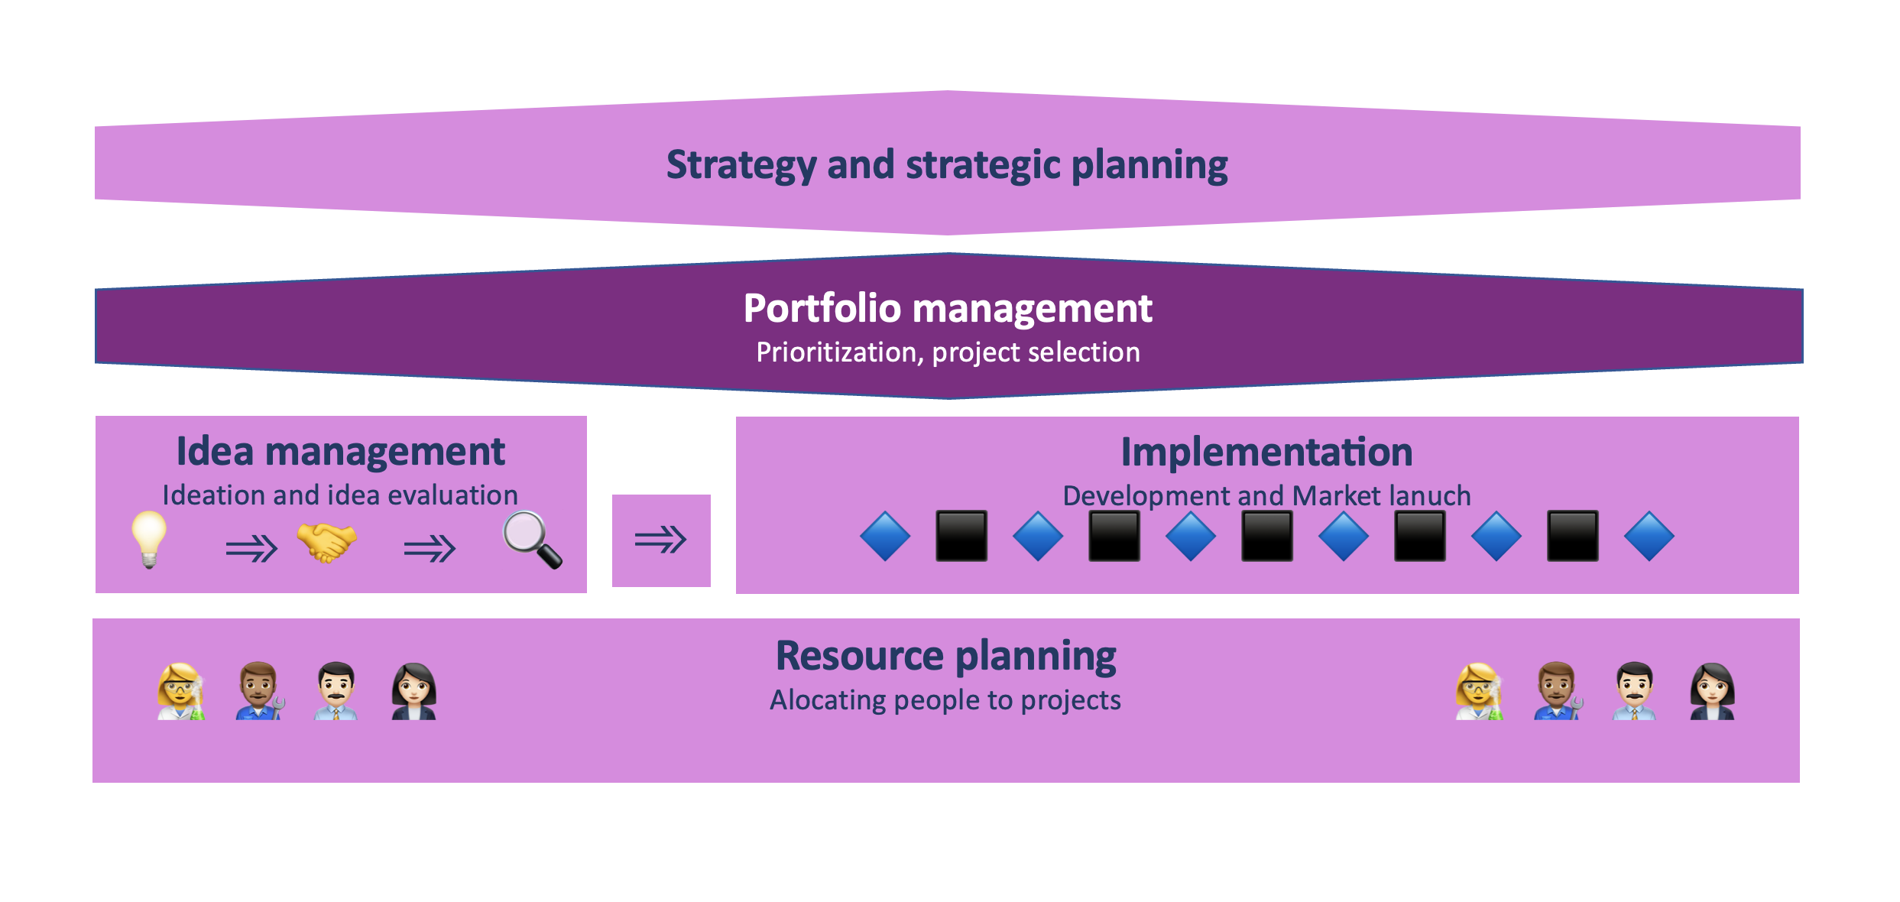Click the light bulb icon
coord(149,539)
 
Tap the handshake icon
coord(327,542)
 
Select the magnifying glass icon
coord(532,540)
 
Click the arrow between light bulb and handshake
coord(251,548)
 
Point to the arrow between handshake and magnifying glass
coord(430,548)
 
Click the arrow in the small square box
coord(661,540)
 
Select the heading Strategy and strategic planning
coord(947,164)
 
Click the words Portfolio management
coord(948,308)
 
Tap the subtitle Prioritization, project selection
coord(948,352)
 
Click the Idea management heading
coord(340,451)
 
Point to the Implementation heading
coord(1266,452)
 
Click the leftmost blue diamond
coord(885,536)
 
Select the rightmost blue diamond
coord(1649,536)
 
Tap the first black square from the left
coord(961,536)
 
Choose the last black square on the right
coord(1572,536)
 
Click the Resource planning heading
coord(945,656)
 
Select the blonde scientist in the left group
coord(180,691)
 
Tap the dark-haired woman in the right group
coord(1712,691)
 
